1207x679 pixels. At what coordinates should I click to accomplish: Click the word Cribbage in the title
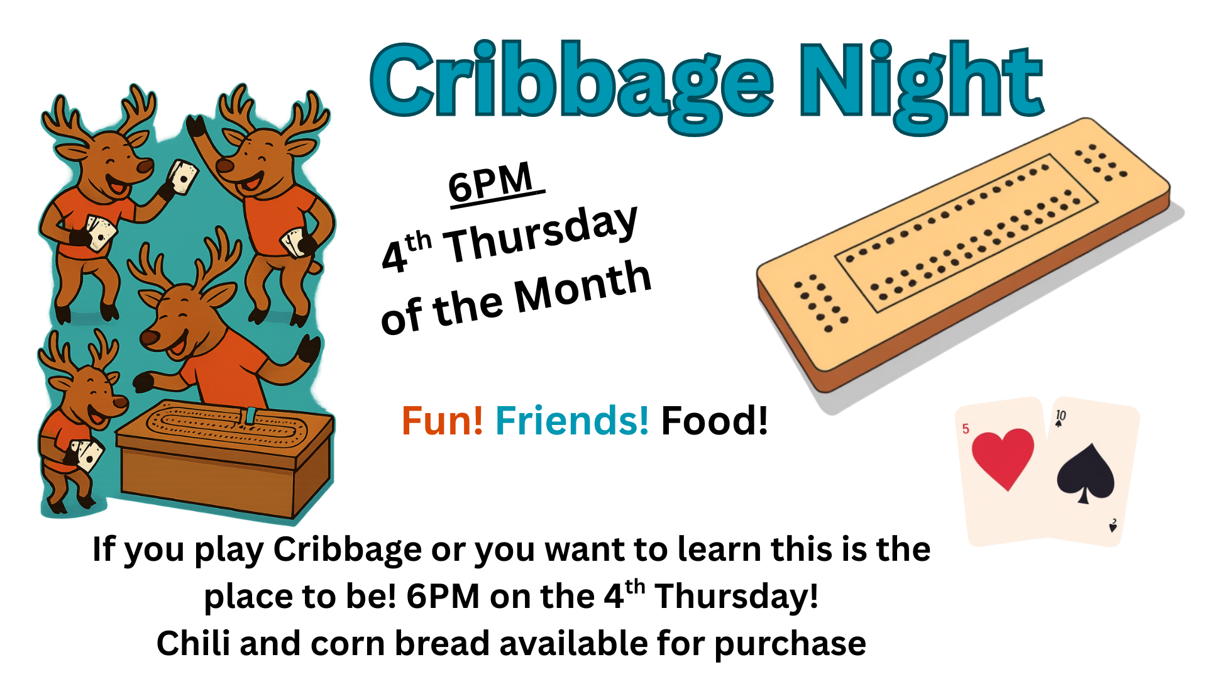point(572,85)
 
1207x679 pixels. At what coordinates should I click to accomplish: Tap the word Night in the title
point(922,85)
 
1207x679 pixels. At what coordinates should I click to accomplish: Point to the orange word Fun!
point(443,421)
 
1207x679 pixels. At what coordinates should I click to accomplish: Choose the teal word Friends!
point(572,421)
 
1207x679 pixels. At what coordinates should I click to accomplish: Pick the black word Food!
point(714,421)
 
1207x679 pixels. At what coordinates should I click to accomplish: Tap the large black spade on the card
point(1086,473)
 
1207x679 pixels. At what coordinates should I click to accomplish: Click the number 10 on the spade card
point(1061,416)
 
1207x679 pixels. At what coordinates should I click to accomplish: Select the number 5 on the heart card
point(966,429)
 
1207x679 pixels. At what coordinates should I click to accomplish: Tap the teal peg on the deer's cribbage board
point(251,415)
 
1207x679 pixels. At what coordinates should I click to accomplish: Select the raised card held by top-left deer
point(183,177)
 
